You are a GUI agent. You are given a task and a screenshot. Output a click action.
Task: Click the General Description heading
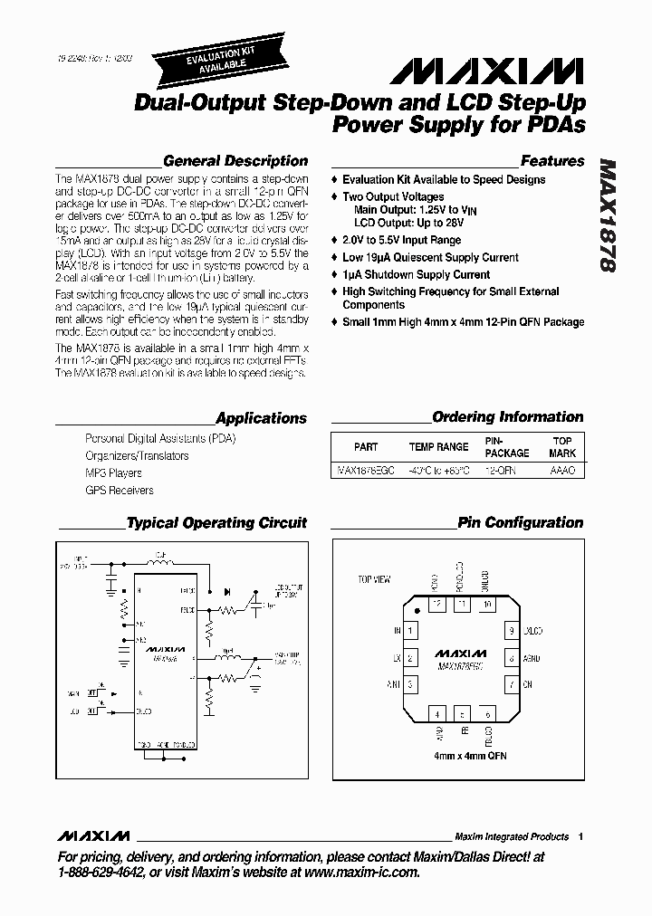click(x=235, y=161)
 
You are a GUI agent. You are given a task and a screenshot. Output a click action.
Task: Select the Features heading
click(x=552, y=161)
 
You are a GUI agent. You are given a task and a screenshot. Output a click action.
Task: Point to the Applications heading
click(x=262, y=418)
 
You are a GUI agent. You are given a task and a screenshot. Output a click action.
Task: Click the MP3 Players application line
click(x=113, y=472)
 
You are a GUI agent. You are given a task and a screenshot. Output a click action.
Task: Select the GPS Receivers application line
click(x=119, y=490)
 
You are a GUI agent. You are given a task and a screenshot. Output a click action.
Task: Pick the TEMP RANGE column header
click(x=438, y=447)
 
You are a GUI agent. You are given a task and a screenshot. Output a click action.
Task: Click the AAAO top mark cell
click(x=562, y=471)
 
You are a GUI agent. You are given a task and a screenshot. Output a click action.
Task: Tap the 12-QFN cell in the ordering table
click(x=500, y=471)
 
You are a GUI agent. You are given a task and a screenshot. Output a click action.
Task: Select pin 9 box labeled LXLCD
click(x=512, y=630)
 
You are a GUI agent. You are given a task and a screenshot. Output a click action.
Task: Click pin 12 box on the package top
click(x=437, y=603)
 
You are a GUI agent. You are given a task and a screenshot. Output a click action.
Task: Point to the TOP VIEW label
click(x=375, y=578)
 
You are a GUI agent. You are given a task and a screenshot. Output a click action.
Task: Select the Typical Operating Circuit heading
click(x=216, y=522)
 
